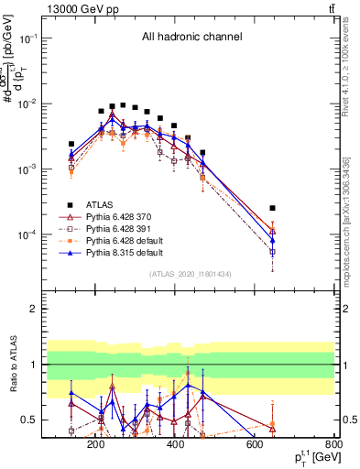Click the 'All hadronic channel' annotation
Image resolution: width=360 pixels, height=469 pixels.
pyautogui.click(x=191, y=38)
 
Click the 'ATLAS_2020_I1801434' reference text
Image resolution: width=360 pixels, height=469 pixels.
pyautogui.click(x=191, y=274)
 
